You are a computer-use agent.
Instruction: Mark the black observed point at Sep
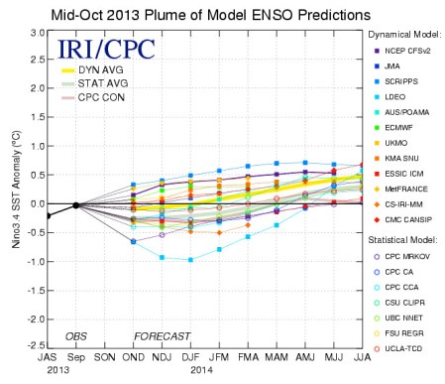[76, 205]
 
